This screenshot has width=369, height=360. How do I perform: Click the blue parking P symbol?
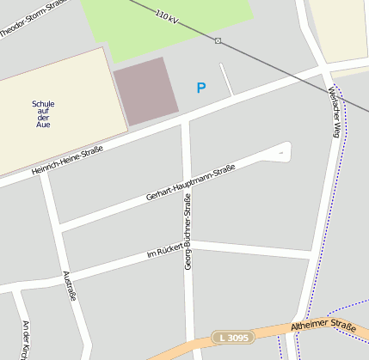(201, 88)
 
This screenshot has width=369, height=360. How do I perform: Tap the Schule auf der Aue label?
(43, 114)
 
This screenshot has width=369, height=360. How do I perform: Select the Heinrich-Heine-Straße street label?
(67, 162)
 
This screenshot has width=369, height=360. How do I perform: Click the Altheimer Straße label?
(323, 326)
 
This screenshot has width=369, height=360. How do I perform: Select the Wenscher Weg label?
(335, 113)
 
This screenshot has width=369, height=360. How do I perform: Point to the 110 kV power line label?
(167, 16)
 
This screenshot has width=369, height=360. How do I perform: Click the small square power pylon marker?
(218, 40)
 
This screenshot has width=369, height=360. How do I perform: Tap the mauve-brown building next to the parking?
(145, 89)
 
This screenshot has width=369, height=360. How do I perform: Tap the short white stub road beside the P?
(226, 79)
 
